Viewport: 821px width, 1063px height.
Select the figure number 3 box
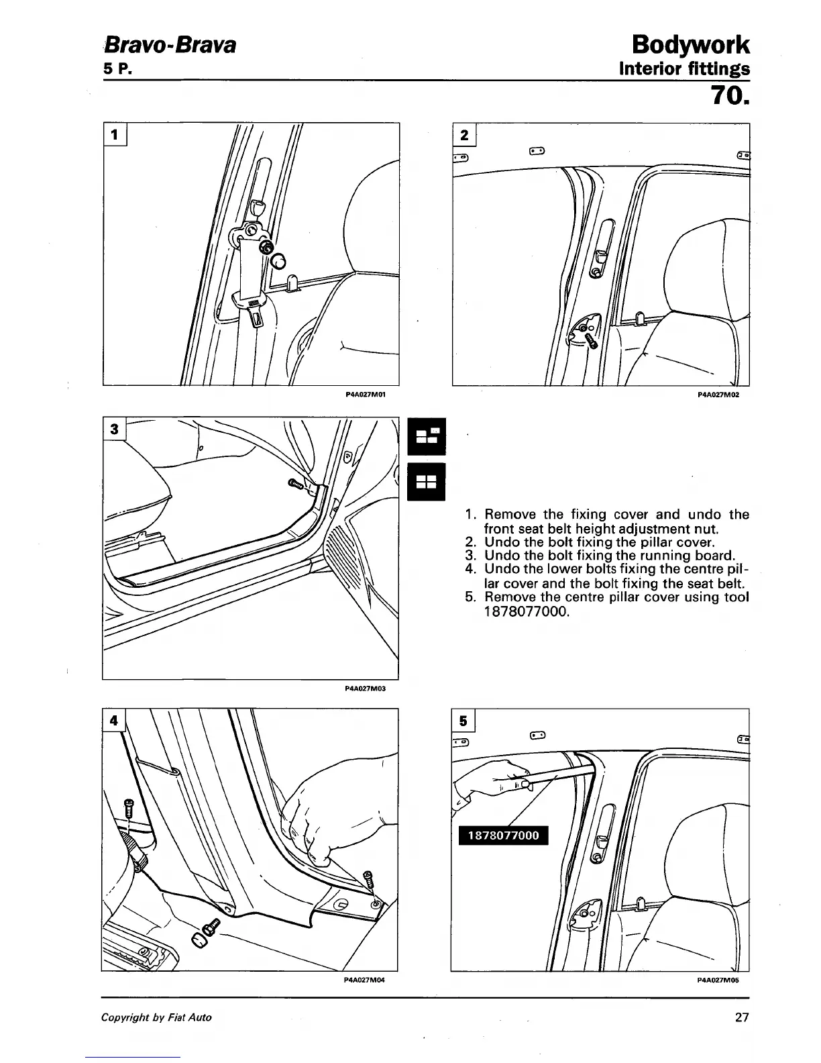click(x=114, y=429)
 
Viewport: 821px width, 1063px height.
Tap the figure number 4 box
click(x=115, y=720)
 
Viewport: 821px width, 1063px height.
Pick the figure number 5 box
click(x=463, y=721)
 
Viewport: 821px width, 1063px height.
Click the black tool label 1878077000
click(x=502, y=836)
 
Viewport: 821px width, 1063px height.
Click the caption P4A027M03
click(x=366, y=688)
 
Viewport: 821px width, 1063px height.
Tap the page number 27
click(x=741, y=1017)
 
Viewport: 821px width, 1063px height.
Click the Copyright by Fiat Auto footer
click(x=156, y=1017)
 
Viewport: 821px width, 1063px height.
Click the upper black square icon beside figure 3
click(x=426, y=436)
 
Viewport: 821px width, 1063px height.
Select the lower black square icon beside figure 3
click(x=426, y=482)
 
